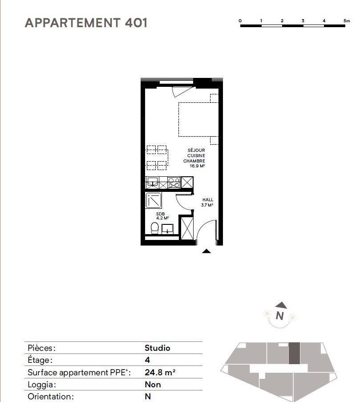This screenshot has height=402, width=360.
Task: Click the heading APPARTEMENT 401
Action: click(x=86, y=23)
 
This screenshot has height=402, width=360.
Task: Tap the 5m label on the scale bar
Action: click(x=346, y=21)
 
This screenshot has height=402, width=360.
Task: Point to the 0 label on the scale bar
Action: click(x=240, y=21)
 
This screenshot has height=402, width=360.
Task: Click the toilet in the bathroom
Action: click(x=154, y=228)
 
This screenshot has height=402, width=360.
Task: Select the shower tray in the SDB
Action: click(x=154, y=200)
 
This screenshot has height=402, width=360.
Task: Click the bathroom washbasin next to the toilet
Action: click(x=167, y=229)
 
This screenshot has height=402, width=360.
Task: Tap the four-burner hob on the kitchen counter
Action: click(x=174, y=183)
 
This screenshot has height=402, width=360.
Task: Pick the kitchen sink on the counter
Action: click(x=153, y=182)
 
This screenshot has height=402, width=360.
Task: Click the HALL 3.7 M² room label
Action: click(x=207, y=202)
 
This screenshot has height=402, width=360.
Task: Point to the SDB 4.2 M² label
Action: click(x=162, y=216)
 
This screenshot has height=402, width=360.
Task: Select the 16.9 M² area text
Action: click(x=197, y=166)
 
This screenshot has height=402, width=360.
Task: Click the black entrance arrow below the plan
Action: click(x=206, y=251)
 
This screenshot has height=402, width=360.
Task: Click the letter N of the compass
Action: click(x=280, y=316)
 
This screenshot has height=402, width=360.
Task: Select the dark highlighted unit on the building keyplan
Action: click(x=294, y=353)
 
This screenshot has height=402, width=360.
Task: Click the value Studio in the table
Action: click(x=158, y=348)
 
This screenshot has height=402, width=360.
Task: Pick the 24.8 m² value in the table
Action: click(x=160, y=372)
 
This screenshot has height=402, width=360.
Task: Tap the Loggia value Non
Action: click(x=153, y=385)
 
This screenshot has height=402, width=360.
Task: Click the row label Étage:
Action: click(x=40, y=360)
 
